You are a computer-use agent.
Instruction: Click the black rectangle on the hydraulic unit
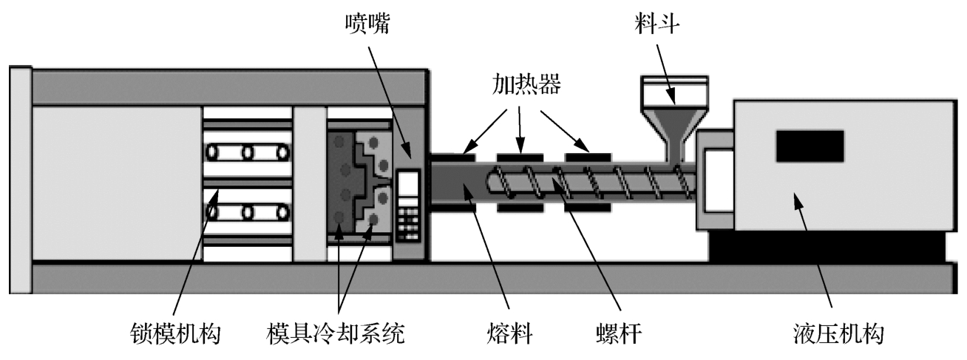pyautogui.click(x=809, y=146)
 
